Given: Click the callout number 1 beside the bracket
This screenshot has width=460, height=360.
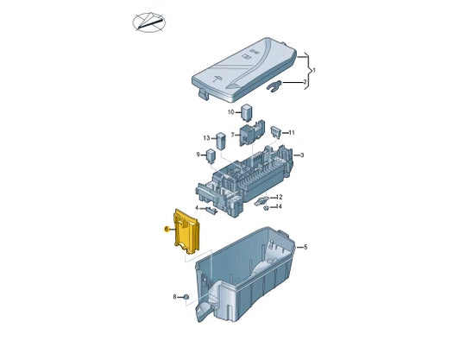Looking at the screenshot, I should [314, 69].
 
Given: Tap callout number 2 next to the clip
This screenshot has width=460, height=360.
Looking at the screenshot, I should [305, 83].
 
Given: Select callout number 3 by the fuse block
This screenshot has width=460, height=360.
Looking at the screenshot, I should [302, 155].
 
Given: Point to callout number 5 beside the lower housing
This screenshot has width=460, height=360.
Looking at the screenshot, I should [304, 248].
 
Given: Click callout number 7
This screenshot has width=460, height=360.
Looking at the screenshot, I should [232, 134].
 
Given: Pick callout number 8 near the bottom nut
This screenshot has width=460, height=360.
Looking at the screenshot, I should [174, 296].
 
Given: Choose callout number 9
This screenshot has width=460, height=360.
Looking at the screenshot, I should [198, 155].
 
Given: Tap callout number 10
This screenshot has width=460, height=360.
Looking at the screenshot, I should [231, 112].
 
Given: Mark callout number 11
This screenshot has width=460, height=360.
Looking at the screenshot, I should [292, 132].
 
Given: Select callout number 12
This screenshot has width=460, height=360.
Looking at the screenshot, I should [279, 197].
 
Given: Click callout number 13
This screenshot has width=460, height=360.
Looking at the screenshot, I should [207, 138].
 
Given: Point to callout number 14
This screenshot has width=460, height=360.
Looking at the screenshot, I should [279, 206].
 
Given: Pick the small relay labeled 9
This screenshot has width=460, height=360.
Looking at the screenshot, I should [211, 155].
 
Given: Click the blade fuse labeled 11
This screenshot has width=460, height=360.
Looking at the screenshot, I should [275, 132].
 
